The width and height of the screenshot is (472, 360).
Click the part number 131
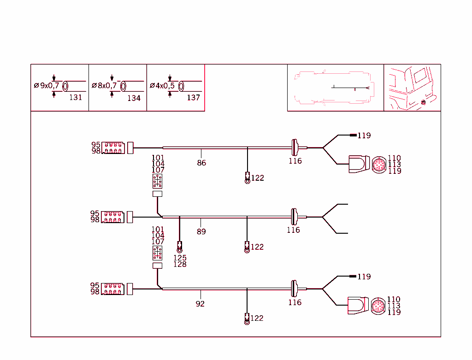75,97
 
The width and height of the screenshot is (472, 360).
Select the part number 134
134,98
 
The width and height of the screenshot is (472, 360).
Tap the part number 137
193,98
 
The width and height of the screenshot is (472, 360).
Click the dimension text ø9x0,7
47,86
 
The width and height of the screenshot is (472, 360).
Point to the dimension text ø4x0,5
162,86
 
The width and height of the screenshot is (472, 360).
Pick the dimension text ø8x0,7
104,86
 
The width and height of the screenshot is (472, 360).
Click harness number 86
201,163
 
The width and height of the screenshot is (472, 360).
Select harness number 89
201,231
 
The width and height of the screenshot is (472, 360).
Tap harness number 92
200,304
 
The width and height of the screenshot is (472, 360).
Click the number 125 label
180,258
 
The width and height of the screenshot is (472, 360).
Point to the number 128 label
180,264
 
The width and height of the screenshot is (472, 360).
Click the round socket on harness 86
379,164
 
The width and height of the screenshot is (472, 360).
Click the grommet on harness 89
294,217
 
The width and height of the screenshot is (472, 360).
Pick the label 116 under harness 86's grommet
295,161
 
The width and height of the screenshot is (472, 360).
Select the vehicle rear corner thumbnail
412,88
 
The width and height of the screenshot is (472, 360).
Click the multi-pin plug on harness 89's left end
112,217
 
